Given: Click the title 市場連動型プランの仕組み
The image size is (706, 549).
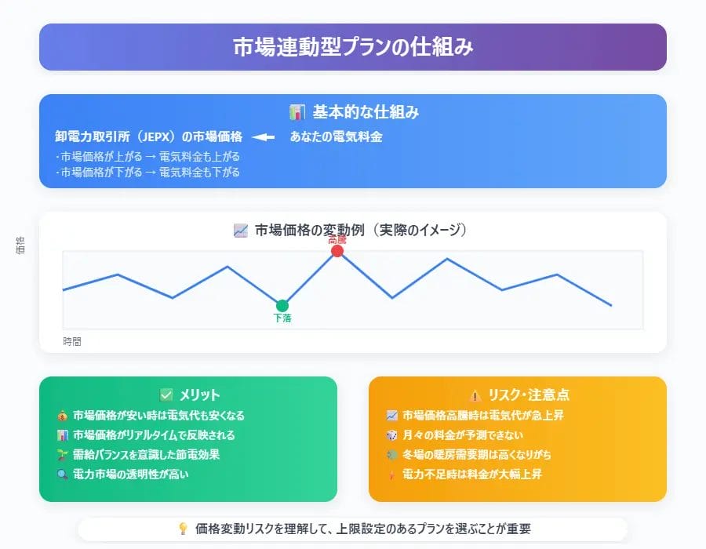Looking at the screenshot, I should (353, 47).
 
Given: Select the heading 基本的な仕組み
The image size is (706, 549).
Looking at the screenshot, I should (366, 112).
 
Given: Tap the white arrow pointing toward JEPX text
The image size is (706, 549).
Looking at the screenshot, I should (263, 136).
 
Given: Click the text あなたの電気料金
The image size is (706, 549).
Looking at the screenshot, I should (336, 136).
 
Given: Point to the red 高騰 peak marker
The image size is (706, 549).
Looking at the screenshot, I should (337, 251).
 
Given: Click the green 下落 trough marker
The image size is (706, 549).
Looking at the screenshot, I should (282, 306).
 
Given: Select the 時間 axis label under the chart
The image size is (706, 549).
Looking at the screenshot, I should (72, 342).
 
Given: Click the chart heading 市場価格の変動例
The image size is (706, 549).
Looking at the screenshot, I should (362, 230).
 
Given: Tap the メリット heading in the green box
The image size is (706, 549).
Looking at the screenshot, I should (199, 395).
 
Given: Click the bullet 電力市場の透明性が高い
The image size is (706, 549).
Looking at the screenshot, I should (131, 474).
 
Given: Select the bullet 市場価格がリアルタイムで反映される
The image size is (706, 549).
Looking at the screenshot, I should (154, 434).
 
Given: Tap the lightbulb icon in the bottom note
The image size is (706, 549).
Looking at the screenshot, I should (184, 529).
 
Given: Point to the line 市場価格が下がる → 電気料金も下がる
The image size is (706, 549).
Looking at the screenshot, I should (148, 172).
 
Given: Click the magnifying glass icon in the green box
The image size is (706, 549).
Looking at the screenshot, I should (62, 474).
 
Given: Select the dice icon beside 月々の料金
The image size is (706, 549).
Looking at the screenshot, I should (391, 434).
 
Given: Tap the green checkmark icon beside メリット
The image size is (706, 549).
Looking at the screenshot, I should (166, 395).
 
